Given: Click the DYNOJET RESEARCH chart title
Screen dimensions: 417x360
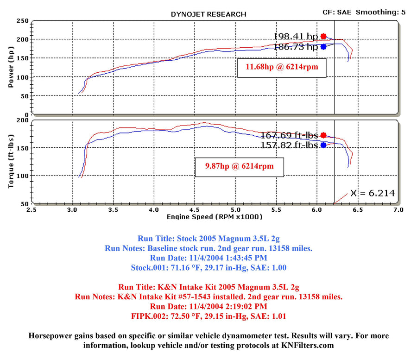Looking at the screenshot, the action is point(208,14).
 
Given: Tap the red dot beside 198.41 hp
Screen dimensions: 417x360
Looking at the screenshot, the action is point(323,37).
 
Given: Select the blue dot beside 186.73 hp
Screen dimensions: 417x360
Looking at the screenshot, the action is point(323,47).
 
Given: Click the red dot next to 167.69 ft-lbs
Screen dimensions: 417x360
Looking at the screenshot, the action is point(323,135).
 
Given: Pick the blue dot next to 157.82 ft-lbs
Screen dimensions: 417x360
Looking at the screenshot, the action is point(323,145).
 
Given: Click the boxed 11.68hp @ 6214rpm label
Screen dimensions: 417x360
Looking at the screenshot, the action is point(282,68).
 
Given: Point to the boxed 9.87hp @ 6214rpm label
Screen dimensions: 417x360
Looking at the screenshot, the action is point(240,167).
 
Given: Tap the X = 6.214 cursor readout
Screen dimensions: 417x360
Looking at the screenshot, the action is point(373,193).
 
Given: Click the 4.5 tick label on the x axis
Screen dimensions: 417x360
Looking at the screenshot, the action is point(195,210).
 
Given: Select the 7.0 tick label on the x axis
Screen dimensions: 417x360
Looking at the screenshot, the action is point(398,210).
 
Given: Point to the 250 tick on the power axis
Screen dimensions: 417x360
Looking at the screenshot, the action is point(23,21).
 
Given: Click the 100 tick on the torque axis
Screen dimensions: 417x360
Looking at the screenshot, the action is point(23,176).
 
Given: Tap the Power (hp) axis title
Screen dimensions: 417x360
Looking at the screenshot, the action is point(11,67).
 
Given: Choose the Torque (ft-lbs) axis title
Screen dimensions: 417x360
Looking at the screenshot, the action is point(11,161).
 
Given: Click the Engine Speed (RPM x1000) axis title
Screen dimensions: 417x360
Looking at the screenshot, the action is point(215,217).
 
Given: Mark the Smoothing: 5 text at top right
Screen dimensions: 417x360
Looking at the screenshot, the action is point(381,12).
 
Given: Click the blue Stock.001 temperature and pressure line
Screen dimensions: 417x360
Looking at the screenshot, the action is point(208,267).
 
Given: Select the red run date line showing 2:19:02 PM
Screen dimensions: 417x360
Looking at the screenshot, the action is point(208,306).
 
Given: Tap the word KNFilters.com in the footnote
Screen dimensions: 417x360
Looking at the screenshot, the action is point(308,345).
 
